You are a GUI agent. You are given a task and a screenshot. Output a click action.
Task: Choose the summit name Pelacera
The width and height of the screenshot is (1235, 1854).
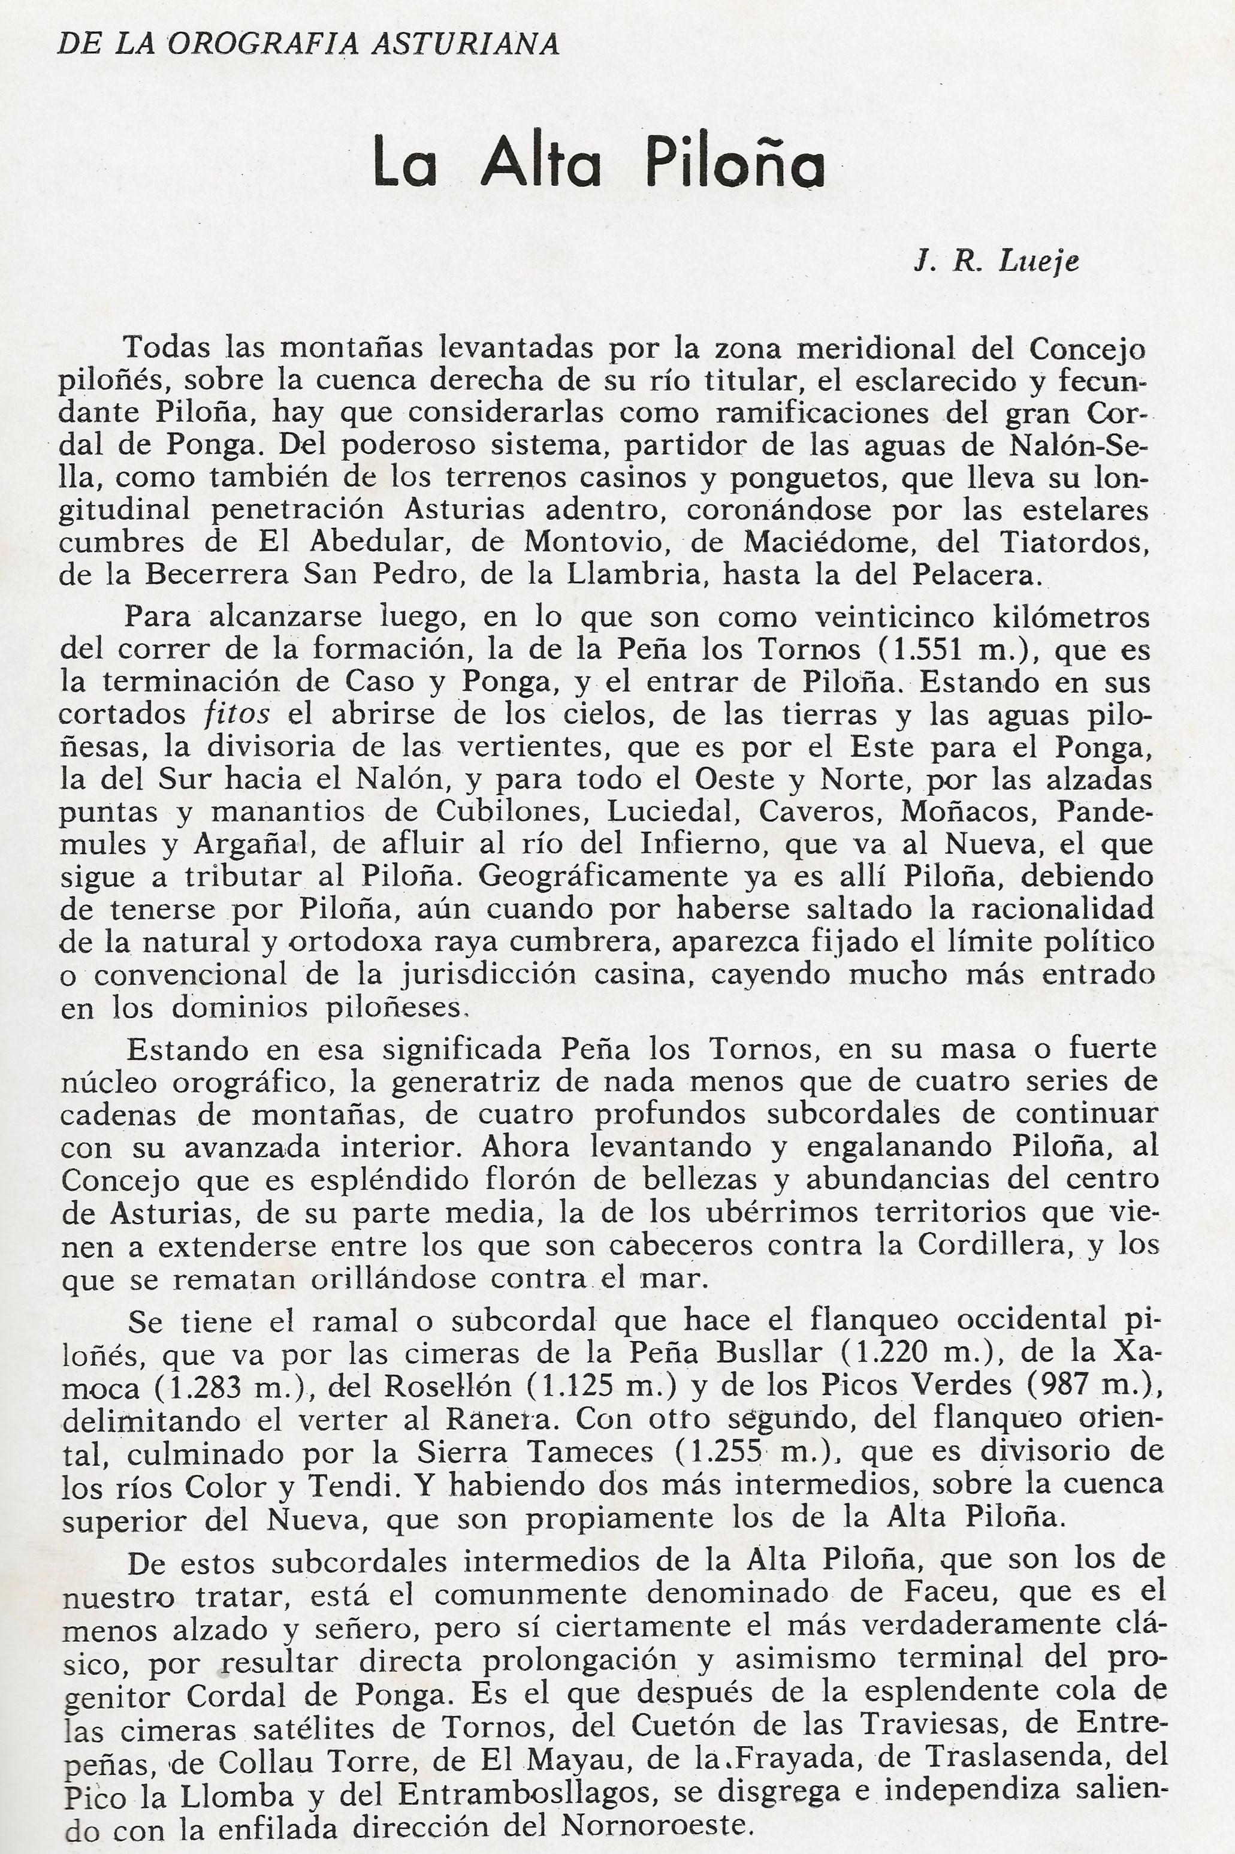[976, 574]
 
